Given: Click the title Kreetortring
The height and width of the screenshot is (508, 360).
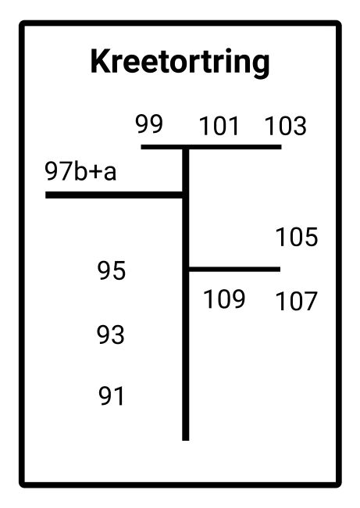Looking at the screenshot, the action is [180, 63].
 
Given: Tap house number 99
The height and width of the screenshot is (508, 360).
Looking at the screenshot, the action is [149, 123].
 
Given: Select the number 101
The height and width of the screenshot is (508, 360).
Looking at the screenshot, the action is [219, 126].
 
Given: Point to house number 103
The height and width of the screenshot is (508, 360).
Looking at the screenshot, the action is [286, 126].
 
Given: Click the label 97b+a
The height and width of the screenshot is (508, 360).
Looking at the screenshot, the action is [80, 171].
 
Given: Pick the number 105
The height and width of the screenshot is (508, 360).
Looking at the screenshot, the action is [297, 237].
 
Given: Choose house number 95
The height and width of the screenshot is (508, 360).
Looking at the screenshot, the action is [112, 270].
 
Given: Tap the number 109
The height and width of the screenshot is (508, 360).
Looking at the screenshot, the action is [224, 299].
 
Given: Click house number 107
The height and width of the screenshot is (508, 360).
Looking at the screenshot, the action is [296, 301].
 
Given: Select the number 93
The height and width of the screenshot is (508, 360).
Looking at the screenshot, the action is [111, 334].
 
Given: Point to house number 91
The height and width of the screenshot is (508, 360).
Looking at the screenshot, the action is [112, 396].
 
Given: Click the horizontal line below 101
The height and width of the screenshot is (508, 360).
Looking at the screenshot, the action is [212, 147].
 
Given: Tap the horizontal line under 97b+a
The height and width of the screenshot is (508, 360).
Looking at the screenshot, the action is [116, 195].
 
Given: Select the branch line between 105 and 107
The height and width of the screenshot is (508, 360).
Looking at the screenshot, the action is [234, 269].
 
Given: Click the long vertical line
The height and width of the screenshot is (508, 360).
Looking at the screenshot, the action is [186, 294].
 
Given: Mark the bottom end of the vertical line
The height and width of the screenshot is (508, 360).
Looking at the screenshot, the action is [186, 440].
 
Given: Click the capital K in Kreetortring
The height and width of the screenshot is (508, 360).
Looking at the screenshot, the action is [101, 61].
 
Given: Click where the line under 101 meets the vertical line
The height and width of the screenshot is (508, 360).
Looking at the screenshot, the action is [186, 148].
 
